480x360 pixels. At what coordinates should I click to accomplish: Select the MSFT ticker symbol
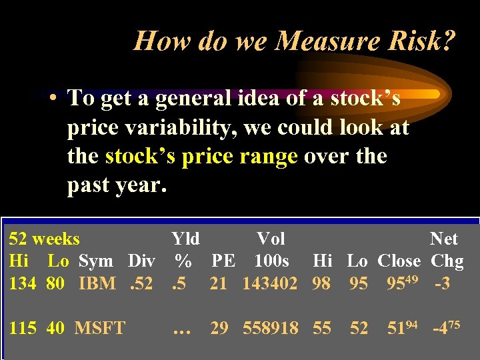coord(100,328)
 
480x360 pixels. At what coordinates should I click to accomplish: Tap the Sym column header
coord(96,261)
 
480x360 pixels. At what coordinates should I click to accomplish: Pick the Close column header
coord(399,261)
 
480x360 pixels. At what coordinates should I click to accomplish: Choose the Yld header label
coord(186,239)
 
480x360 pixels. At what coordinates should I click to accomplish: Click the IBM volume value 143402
coord(270,283)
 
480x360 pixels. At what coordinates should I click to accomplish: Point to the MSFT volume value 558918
coord(270,328)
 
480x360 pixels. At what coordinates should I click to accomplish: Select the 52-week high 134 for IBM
coord(22,283)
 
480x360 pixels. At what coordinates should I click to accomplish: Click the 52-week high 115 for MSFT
coord(22,328)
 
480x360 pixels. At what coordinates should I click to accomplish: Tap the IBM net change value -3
coord(442,283)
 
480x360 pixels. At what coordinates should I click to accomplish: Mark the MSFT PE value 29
coord(220,328)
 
